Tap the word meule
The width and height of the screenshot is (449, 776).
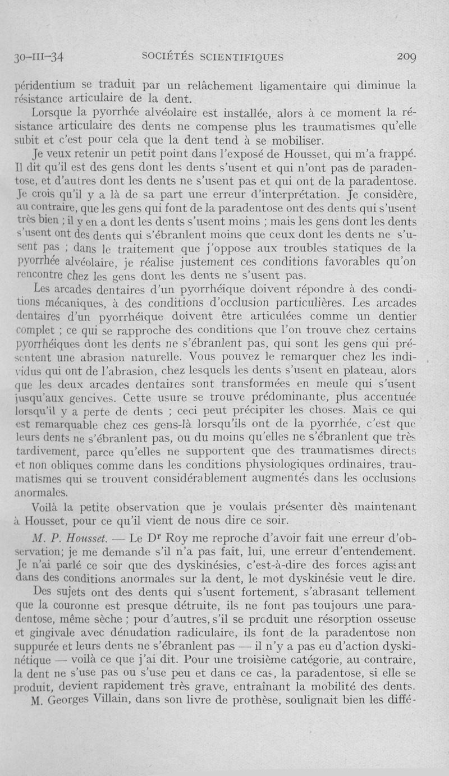(x=330, y=385)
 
